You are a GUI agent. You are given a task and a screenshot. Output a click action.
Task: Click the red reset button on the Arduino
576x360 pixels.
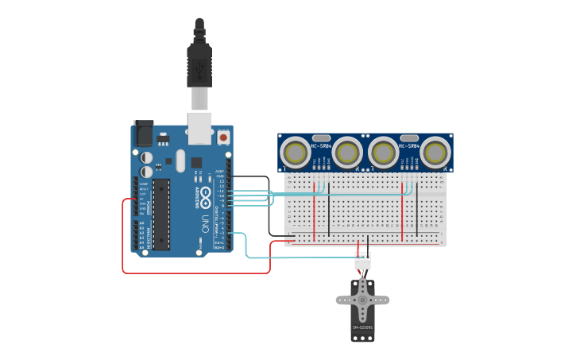223,137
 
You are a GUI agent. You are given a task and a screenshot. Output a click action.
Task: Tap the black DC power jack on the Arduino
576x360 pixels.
143,133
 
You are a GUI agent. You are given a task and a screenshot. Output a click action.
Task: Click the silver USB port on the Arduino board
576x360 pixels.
199,128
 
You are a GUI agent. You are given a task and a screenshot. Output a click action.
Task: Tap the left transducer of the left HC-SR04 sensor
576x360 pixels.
296,152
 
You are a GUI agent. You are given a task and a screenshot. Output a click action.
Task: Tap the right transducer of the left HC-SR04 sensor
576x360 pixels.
347,152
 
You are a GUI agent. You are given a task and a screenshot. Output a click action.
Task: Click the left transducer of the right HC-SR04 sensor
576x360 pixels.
384,152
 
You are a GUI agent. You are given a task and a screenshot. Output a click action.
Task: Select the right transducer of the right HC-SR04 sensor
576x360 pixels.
435,152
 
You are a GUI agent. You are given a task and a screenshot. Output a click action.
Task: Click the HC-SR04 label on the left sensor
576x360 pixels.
321,146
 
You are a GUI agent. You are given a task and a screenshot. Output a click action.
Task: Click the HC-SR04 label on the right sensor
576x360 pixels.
409,146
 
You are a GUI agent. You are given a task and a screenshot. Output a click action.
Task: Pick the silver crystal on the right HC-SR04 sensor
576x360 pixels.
409,137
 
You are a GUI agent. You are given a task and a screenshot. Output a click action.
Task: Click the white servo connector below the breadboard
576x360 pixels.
362,260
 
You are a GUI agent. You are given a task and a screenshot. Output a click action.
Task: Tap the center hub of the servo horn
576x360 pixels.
362,300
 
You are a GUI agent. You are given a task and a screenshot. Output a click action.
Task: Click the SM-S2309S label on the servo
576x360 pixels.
362,327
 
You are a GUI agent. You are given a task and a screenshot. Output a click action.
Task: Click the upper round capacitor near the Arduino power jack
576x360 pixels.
147,158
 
